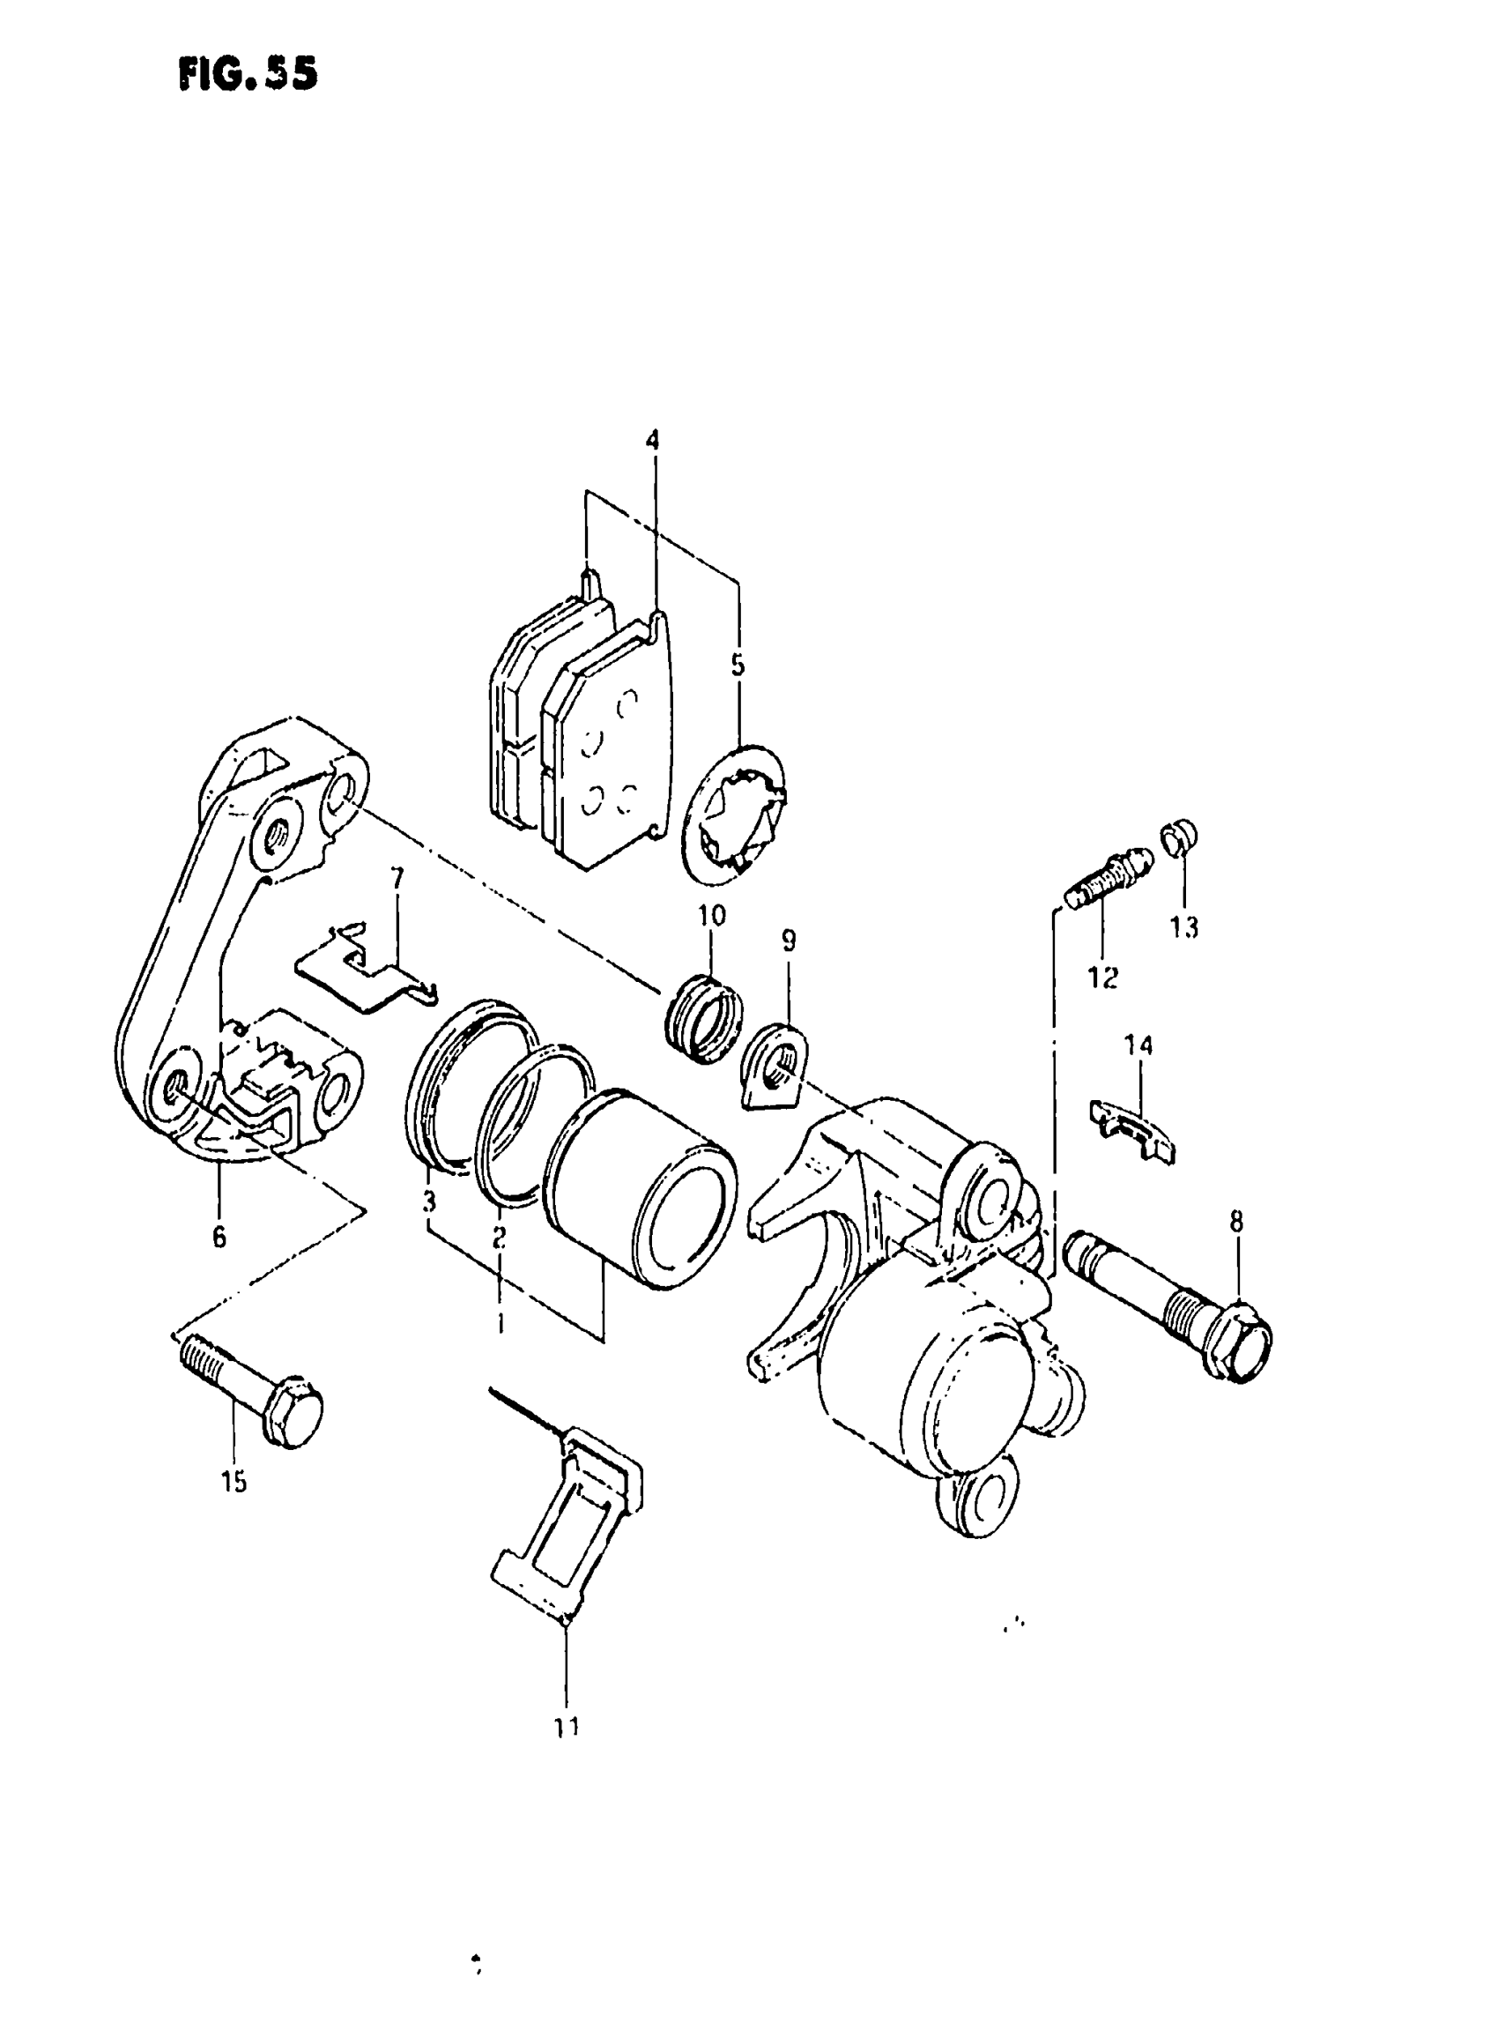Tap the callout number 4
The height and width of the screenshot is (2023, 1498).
(653, 441)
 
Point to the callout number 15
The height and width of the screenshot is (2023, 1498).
(234, 1484)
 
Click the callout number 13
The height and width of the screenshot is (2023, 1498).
(1184, 927)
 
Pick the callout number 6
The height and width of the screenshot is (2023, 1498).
(219, 1236)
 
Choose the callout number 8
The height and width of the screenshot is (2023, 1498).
(1237, 1222)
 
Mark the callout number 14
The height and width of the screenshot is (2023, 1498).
(1138, 1045)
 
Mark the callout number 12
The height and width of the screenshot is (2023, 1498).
(1103, 978)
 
